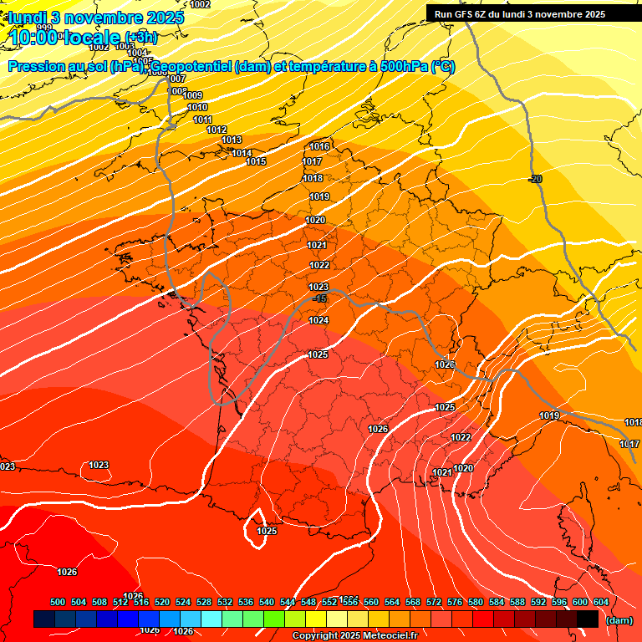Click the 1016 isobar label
[x=319, y=147]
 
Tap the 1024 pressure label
[x=318, y=321]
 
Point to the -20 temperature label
[x=535, y=179]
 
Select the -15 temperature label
[x=318, y=298]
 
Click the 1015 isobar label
[x=256, y=161]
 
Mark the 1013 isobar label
[x=232, y=140]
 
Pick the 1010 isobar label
[x=197, y=108]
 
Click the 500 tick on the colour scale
[x=58, y=603]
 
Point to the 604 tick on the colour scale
[x=601, y=603]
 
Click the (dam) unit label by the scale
[x=619, y=620]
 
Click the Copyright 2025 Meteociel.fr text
[x=354, y=636]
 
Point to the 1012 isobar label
[x=217, y=130]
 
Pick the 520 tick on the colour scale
[x=162, y=603]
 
